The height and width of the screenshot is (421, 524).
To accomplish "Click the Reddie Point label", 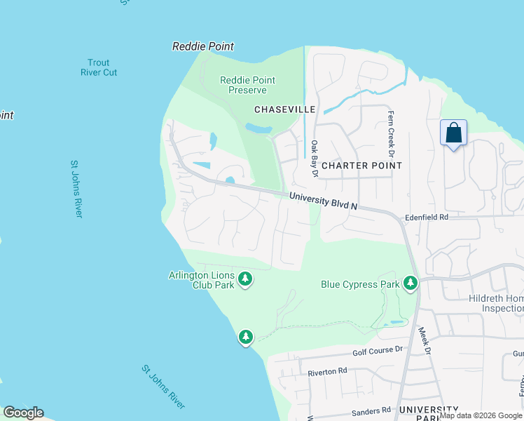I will tap(203, 46).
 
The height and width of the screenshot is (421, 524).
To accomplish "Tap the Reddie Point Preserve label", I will tap(243, 85).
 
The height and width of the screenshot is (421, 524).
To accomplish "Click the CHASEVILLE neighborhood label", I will tap(285, 109).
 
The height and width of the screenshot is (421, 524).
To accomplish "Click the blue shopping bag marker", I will tap(453, 132).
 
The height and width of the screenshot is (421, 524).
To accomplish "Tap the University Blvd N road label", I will tap(324, 202).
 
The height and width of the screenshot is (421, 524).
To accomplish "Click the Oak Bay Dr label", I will tap(315, 158).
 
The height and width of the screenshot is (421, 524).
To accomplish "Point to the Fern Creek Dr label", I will tap(391, 133).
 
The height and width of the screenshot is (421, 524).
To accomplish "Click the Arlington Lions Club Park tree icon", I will tap(245, 280).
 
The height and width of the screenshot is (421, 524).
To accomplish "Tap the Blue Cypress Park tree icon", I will tap(411, 283).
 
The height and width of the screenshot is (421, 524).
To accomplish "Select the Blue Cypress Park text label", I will tap(360, 284).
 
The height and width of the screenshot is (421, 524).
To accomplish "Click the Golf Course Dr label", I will tap(378, 349).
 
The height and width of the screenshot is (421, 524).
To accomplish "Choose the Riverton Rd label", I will tap(328, 370).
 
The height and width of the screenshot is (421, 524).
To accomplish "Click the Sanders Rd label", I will tap(371, 410).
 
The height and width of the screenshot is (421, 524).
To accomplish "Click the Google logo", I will tap(23, 413).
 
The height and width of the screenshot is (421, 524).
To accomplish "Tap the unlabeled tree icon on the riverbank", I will tap(245, 338).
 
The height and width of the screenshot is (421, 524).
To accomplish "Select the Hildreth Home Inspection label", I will tap(496, 303).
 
